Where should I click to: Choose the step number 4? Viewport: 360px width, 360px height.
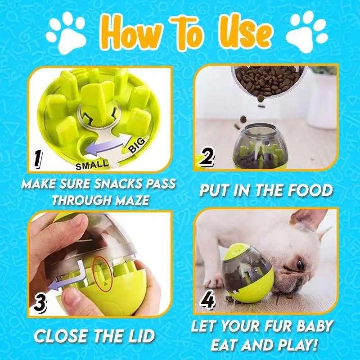(207, 301)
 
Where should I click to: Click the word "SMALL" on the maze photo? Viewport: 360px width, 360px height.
(92, 165)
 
